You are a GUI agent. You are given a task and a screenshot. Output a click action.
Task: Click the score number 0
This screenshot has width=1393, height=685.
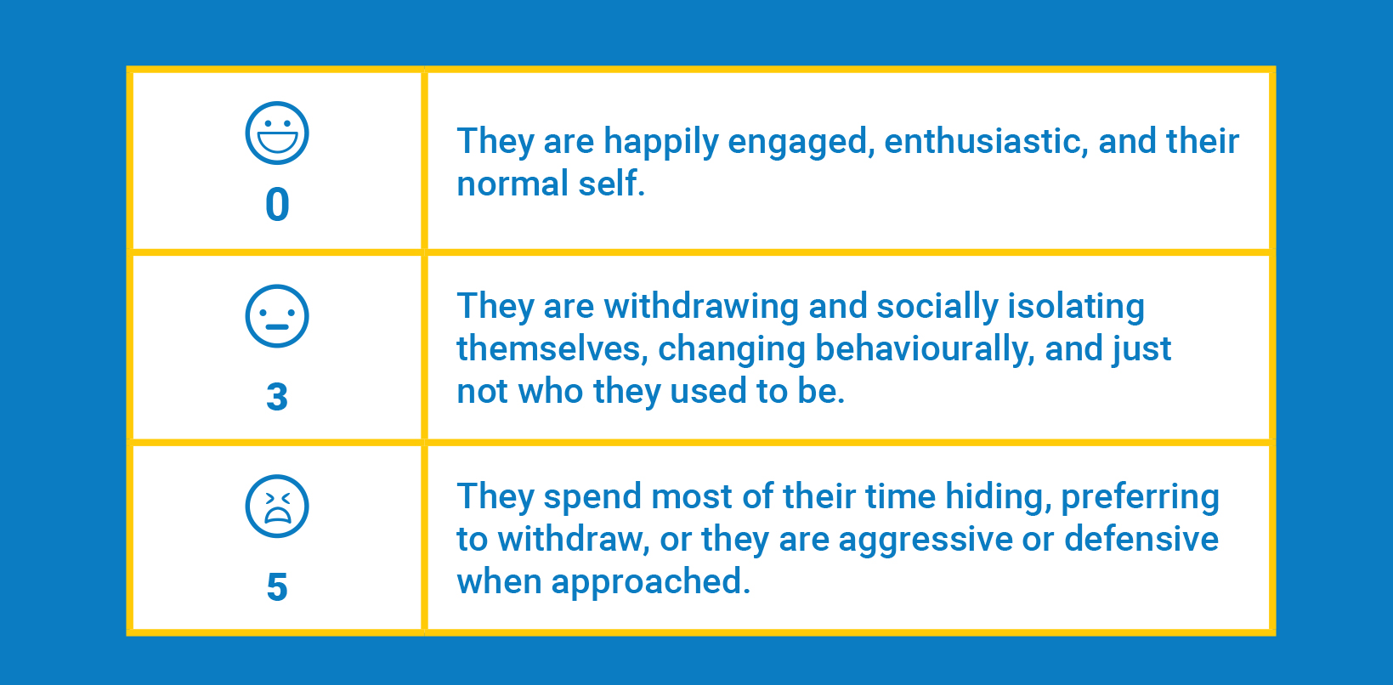[x=277, y=205]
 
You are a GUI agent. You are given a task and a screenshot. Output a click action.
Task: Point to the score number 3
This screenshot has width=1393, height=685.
[x=277, y=397]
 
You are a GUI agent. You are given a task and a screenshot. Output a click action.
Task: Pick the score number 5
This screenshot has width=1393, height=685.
[x=277, y=586]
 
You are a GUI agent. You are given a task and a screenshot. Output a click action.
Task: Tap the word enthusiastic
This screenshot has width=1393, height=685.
[x=986, y=141]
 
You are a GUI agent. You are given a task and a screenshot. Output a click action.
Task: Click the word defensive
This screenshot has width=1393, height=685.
[x=1141, y=539]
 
